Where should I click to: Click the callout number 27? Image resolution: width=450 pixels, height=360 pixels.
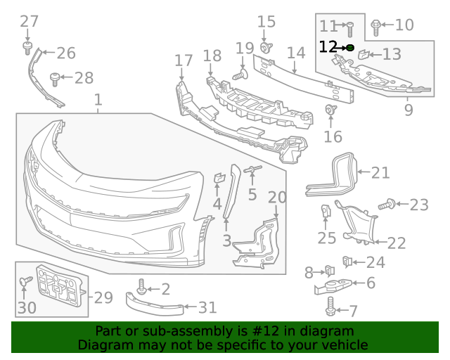(x=29, y=22)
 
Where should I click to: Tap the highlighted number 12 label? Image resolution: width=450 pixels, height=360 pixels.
(x=328, y=47)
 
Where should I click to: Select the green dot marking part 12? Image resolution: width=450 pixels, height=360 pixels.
(x=350, y=47)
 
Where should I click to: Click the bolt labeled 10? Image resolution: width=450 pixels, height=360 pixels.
(x=375, y=27)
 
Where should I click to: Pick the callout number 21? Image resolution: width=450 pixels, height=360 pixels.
(x=380, y=172)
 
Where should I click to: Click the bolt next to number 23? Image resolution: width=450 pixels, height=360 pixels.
(x=386, y=205)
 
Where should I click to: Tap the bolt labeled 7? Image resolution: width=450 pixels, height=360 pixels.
(x=330, y=307)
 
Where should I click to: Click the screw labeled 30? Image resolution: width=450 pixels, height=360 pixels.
(x=25, y=282)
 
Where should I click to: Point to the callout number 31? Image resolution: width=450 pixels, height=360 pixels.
(x=207, y=307)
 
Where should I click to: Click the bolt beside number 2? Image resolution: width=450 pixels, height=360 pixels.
(x=143, y=287)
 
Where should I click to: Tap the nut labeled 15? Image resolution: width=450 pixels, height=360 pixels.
(x=266, y=47)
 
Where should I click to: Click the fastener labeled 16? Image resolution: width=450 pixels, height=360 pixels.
(x=328, y=110)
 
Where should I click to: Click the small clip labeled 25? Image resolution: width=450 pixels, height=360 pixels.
(x=326, y=211)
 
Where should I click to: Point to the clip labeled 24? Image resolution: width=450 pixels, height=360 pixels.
(x=347, y=262)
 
